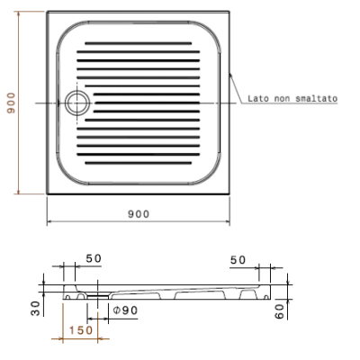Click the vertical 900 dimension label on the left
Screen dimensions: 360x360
coord(11,103)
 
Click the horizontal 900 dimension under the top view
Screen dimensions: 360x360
coord(138,213)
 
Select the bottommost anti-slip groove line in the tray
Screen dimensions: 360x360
coord(137,163)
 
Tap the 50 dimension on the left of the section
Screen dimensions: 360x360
coord(94,258)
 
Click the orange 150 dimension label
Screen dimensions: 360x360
coord(81,330)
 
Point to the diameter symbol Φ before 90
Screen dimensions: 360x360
coord(116,310)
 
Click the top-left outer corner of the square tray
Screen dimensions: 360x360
coord(47,13)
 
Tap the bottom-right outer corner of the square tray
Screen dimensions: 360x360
coord(230,195)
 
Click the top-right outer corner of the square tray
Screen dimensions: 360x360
coord(230,13)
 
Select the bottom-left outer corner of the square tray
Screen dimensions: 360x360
coord(47,195)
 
